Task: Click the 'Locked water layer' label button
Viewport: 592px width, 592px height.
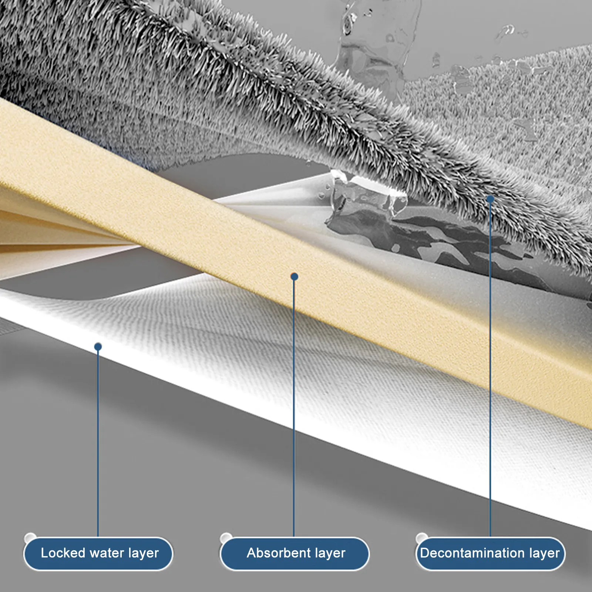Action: (x=98, y=554)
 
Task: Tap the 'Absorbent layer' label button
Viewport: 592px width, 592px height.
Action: (x=295, y=554)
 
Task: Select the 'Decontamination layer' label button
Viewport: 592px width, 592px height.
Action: (x=490, y=554)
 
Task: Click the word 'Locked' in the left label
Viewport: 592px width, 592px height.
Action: (x=63, y=553)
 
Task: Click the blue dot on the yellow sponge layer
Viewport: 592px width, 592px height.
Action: (x=295, y=276)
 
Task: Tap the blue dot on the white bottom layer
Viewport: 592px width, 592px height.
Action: (x=98, y=347)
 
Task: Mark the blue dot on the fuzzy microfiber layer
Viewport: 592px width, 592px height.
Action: (x=491, y=199)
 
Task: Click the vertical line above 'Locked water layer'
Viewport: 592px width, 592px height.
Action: (x=98, y=444)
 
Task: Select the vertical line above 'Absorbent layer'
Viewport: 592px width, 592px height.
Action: (x=294, y=407)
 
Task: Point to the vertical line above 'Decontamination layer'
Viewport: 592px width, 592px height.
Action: (x=491, y=370)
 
